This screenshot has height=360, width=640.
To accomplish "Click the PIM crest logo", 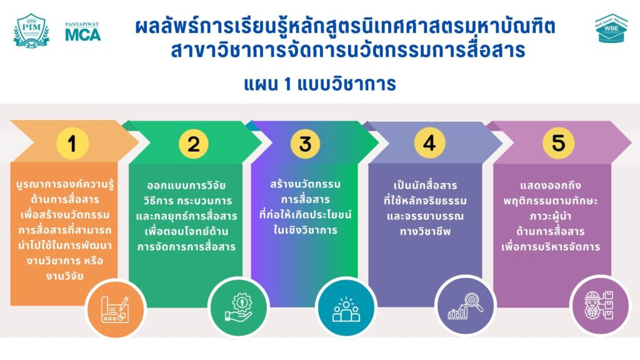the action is (x=31, y=31).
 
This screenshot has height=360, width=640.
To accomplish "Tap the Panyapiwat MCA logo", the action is (x=83, y=31).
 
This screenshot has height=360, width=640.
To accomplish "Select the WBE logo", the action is (x=611, y=28).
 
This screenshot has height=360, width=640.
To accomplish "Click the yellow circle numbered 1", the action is (x=72, y=143).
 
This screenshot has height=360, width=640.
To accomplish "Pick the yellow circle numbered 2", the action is (x=194, y=144).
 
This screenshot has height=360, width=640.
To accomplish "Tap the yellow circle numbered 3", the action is (x=306, y=144).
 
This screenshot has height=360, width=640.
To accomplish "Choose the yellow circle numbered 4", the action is (x=429, y=143).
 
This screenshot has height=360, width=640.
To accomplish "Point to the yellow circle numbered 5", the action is (x=558, y=142).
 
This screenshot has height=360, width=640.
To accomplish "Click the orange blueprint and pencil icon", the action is (x=116, y=309).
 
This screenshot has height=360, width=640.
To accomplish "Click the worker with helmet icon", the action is (x=599, y=305).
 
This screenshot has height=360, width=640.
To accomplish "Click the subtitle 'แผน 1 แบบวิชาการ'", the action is (x=320, y=84).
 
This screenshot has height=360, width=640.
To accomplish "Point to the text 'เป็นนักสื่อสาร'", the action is (x=425, y=185).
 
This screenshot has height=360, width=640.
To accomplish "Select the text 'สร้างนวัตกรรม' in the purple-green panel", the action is (x=305, y=184).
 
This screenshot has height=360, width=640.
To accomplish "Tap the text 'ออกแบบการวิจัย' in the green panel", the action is (x=186, y=185).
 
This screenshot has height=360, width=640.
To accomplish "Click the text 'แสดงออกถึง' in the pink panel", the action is (x=550, y=185).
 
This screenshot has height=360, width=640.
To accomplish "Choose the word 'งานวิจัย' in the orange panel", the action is (x=64, y=276).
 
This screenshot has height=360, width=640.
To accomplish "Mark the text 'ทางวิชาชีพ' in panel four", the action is (x=425, y=231).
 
